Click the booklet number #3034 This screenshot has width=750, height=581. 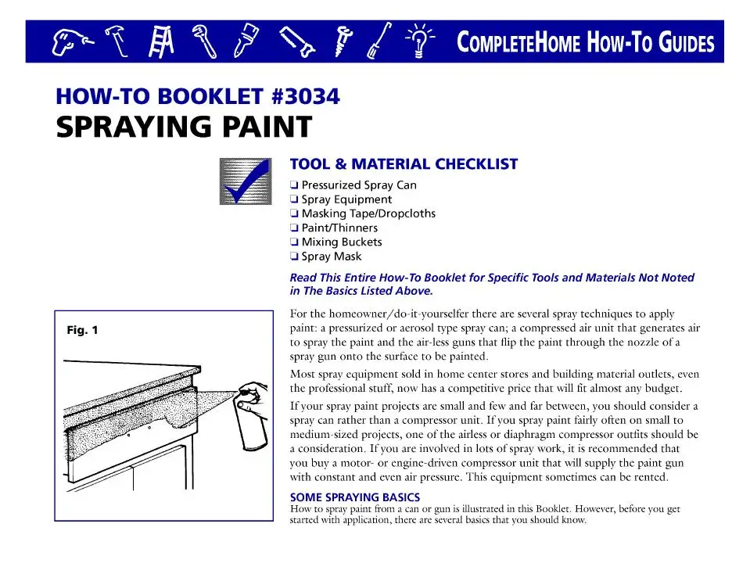point(305,97)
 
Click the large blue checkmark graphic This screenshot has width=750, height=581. point(244,181)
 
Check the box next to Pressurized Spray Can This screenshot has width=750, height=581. point(293,185)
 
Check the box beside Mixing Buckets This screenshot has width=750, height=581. point(293,242)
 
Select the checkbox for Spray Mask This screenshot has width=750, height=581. point(293,256)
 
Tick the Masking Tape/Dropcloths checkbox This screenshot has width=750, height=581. point(293,213)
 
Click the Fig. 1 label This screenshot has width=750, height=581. point(82,330)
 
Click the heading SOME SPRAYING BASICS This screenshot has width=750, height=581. point(354,497)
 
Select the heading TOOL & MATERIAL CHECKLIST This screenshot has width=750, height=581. point(404,164)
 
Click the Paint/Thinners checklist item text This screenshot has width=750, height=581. point(339,228)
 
